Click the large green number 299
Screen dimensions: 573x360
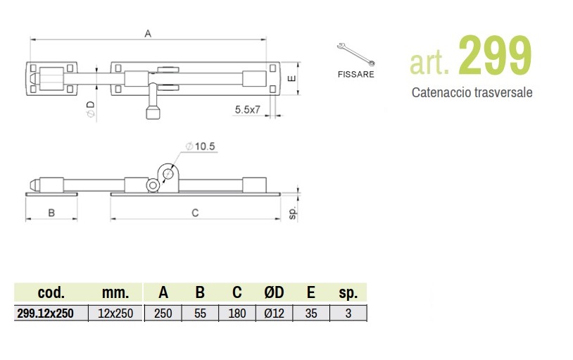click(x=495, y=55)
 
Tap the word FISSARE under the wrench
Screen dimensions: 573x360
click(x=356, y=74)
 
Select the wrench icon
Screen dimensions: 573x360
click(x=355, y=54)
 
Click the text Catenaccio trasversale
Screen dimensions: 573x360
click(x=472, y=92)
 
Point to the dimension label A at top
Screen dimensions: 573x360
click(x=148, y=34)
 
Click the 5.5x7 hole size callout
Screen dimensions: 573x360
click(x=247, y=109)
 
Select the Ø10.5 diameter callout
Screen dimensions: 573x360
click(x=200, y=147)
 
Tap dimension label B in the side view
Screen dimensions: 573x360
click(x=51, y=213)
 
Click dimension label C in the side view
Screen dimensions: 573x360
click(x=195, y=213)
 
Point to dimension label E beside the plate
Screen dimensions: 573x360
click(x=292, y=79)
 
